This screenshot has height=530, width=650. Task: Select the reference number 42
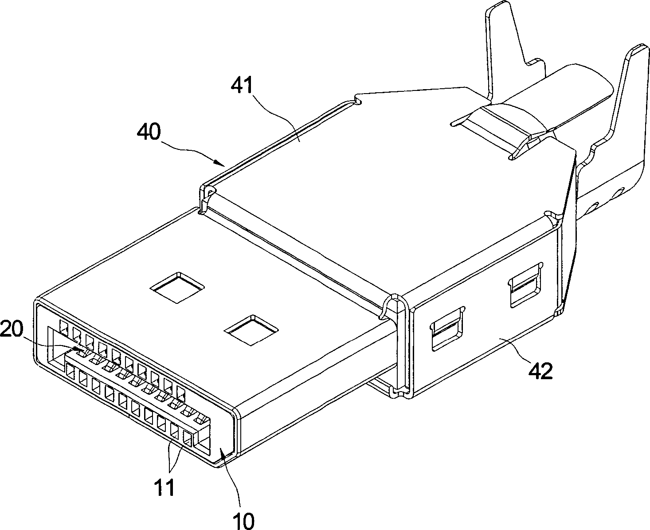(x=540, y=370)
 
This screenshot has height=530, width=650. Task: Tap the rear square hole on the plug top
(x=177, y=287)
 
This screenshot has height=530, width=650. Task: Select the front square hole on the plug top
(x=251, y=330)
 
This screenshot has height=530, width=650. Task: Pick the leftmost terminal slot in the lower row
(x=70, y=370)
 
